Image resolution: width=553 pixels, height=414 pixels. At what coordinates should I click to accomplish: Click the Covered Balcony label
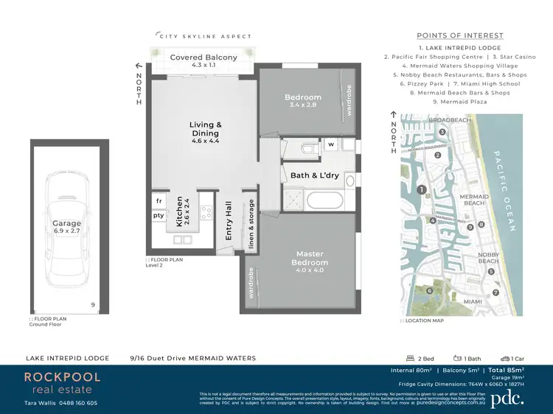[x=204, y=57]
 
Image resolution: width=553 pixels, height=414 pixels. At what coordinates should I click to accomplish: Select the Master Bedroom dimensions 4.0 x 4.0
[x=310, y=270]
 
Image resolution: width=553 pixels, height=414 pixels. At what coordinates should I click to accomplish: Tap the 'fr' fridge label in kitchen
[x=159, y=200]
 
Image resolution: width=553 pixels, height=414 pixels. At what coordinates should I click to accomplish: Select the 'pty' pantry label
[x=159, y=216]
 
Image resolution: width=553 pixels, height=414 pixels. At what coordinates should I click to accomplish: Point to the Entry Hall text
[x=229, y=220]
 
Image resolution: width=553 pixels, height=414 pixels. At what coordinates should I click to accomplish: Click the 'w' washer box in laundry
[x=331, y=144]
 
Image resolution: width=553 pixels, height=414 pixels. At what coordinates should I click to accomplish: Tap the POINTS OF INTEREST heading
[x=460, y=35]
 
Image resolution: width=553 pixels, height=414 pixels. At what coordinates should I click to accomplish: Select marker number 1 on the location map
[x=421, y=190]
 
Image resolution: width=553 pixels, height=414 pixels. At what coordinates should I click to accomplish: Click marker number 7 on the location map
[x=496, y=292]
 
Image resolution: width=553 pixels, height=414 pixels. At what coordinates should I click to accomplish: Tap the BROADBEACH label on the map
[x=449, y=119]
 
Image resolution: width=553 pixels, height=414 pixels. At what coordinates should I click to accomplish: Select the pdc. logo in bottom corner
[x=508, y=397]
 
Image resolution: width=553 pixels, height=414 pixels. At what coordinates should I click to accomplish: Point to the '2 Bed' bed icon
[x=410, y=358]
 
